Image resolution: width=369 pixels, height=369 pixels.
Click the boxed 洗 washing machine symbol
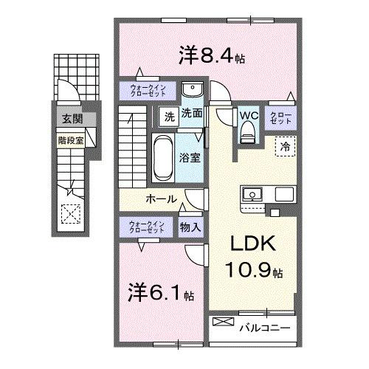pos(168,116)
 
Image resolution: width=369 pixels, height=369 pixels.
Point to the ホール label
pos(160,199)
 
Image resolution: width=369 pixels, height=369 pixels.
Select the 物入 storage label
pos(191,228)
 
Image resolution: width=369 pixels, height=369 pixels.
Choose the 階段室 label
pos(69,137)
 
